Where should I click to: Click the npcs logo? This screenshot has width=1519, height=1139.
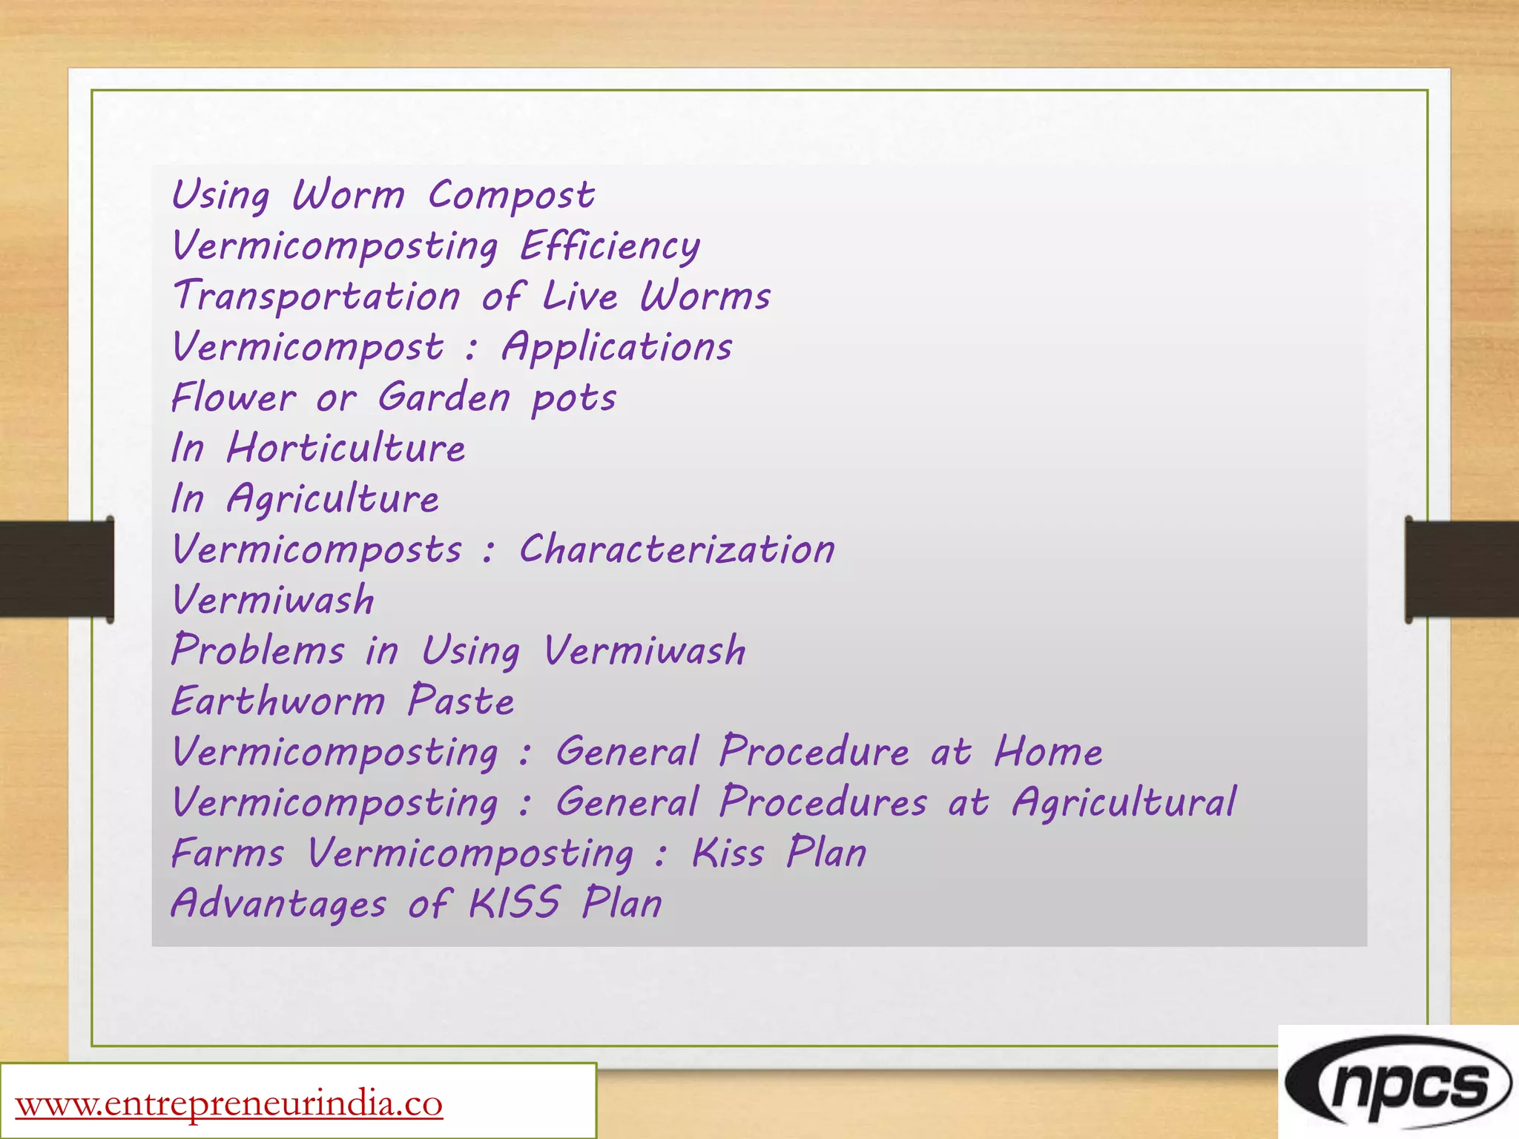tap(1398, 1083)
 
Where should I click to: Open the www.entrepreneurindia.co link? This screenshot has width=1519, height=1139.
tap(229, 1103)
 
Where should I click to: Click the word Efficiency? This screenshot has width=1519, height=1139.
tap(610, 246)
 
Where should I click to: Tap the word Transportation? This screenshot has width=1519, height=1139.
tap(317, 296)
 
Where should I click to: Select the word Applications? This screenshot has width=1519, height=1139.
tap(617, 348)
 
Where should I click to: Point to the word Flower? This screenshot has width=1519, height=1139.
tap(234, 397)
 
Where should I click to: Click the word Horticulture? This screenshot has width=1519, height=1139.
tap(346, 448)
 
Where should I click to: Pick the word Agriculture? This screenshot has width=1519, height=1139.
tap(333, 498)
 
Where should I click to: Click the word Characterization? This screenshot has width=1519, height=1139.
tap(676, 549)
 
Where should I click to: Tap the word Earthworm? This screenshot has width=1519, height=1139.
tap(278, 701)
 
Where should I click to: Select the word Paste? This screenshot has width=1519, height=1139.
tap(461, 701)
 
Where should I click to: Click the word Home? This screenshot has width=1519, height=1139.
tap(1048, 751)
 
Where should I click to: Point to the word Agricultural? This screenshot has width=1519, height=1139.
tap(1124, 803)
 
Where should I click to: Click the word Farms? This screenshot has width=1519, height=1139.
tap(228, 853)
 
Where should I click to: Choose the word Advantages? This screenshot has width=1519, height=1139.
tap(279, 904)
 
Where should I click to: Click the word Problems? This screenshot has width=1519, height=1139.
tap(258, 650)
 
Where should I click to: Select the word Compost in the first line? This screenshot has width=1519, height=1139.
tap(511, 197)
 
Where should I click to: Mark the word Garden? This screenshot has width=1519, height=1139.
tap(444, 397)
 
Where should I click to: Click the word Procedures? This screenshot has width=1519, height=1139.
tap(823, 802)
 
